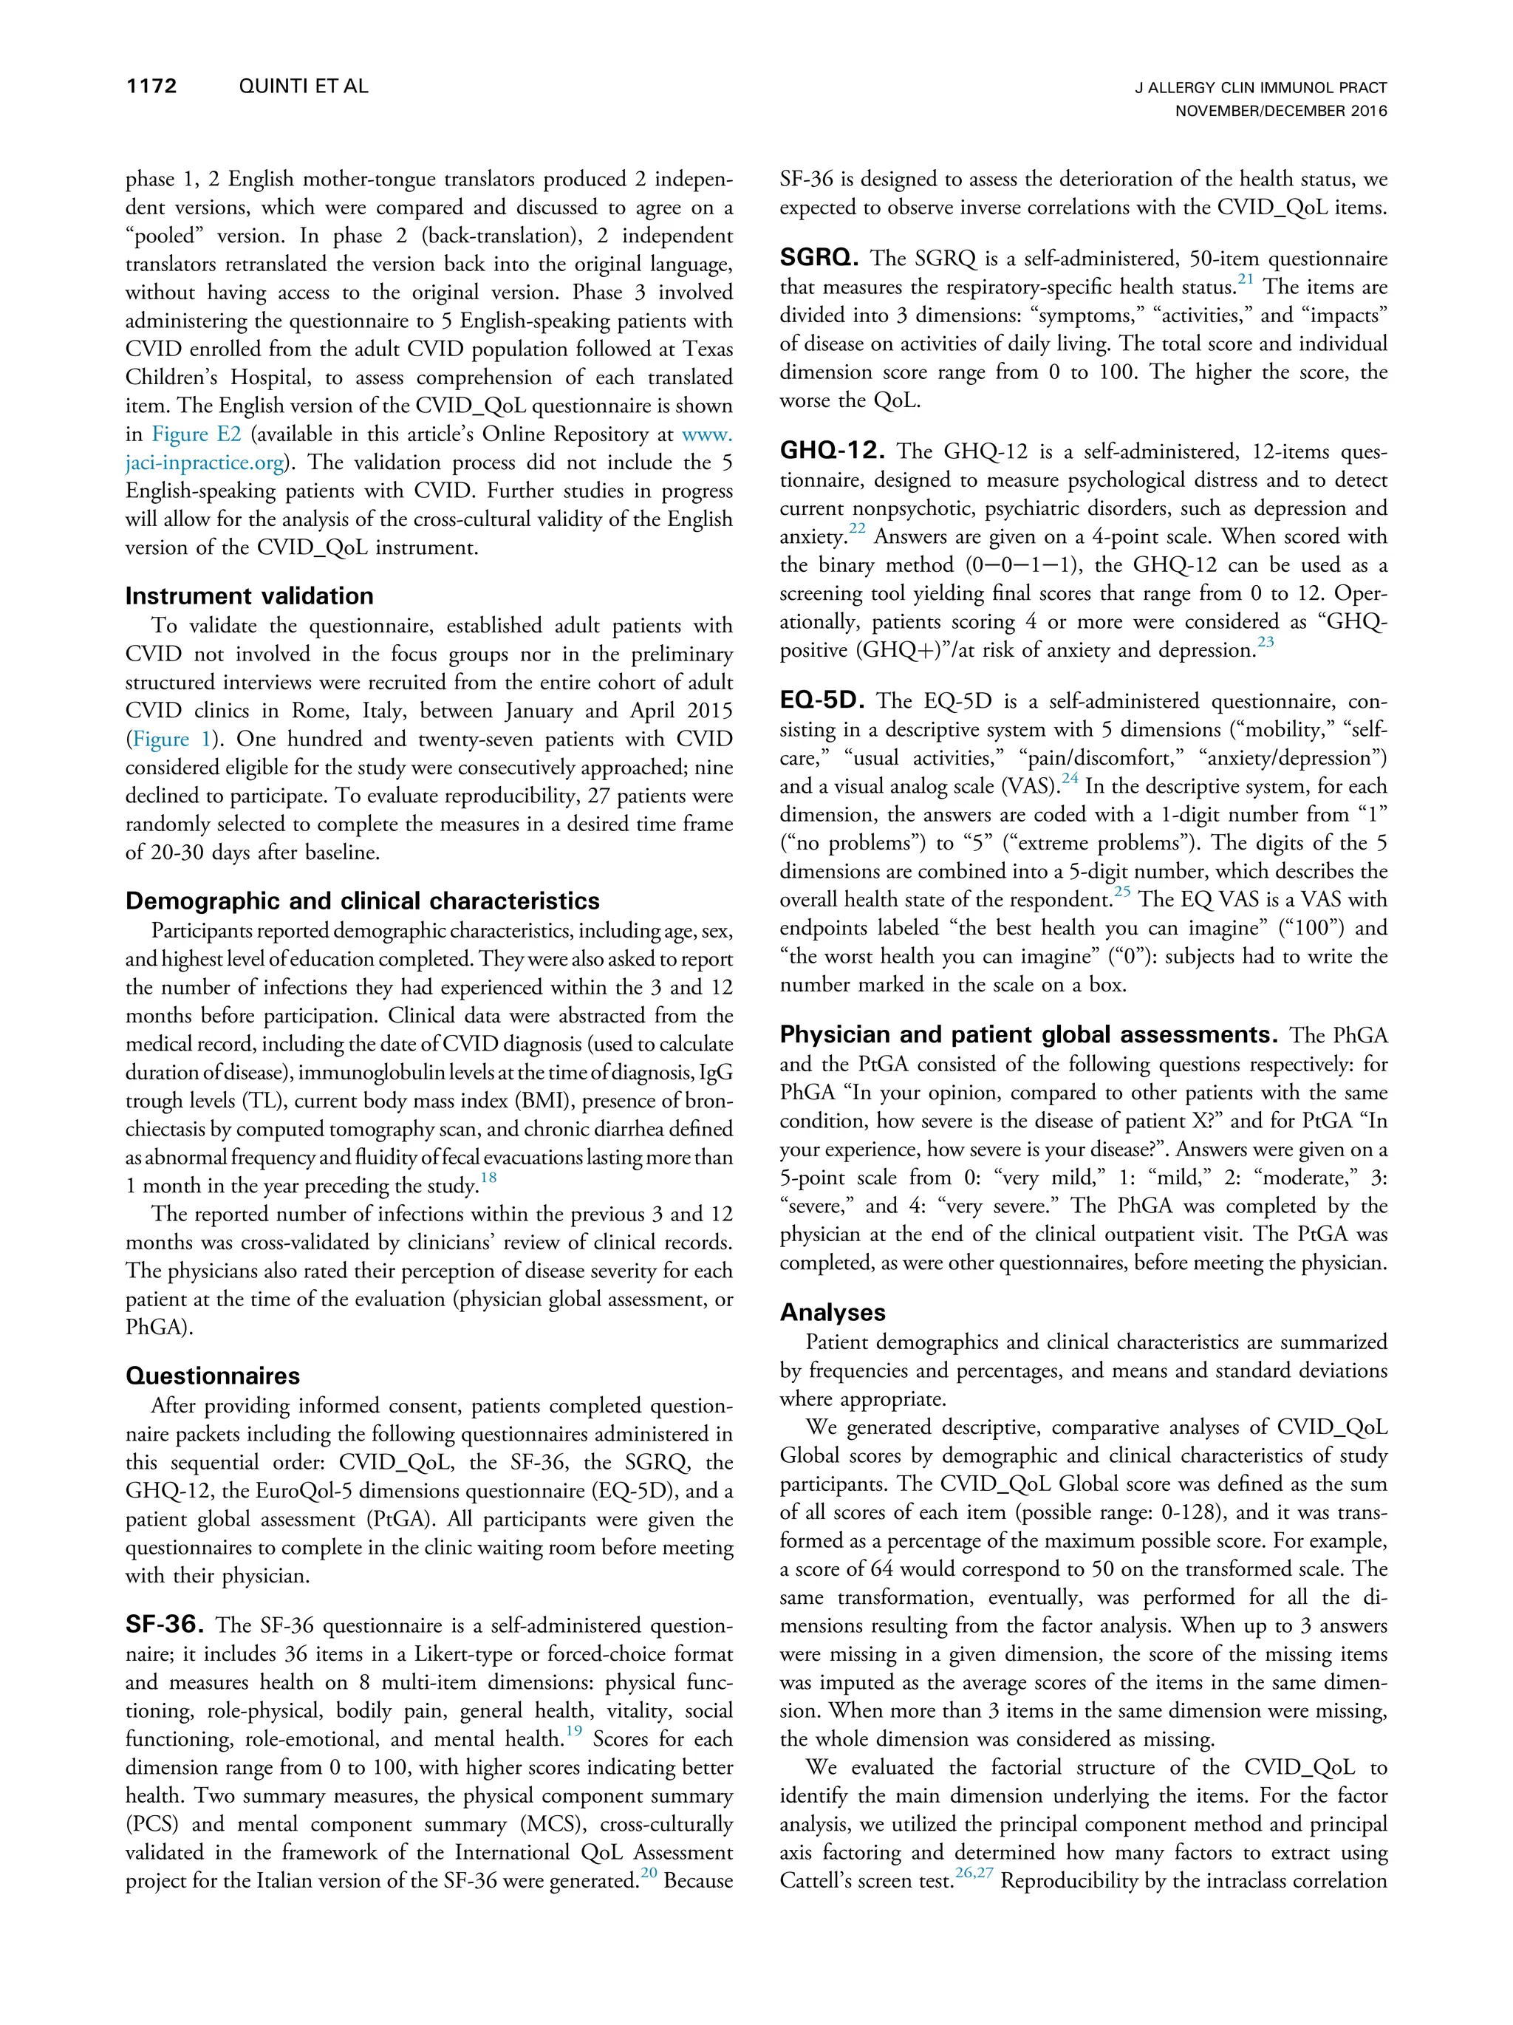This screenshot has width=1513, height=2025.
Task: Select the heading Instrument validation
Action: (x=249, y=596)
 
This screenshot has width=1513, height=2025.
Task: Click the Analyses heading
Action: (x=832, y=1312)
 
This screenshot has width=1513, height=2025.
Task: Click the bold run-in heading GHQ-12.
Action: (x=832, y=451)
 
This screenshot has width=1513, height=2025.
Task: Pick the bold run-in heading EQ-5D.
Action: (x=821, y=701)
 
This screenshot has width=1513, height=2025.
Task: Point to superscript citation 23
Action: (x=1265, y=643)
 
